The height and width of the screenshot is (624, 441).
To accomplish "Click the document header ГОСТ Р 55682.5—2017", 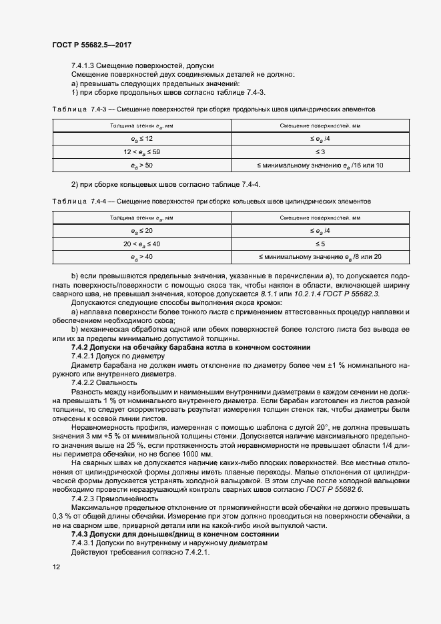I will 91,45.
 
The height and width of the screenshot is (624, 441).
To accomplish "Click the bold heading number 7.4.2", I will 80,348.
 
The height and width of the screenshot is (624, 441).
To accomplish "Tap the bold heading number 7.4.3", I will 80,535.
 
